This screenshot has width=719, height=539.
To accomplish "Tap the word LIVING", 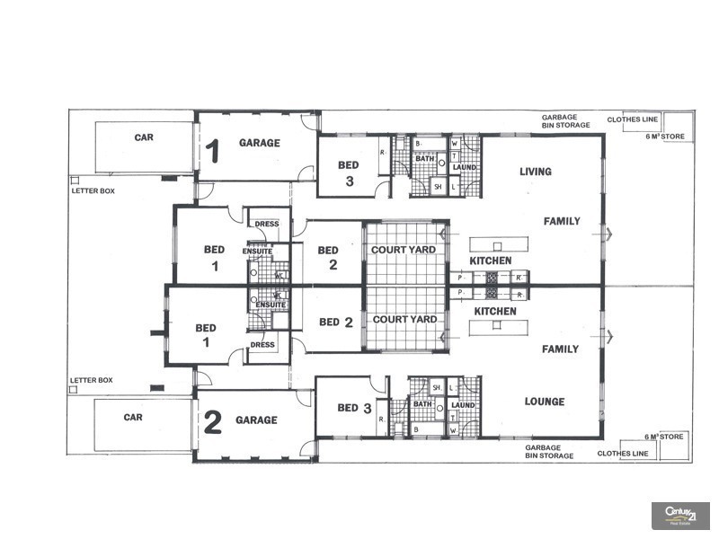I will [536, 171].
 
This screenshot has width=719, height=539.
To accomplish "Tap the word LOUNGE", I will [545, 402].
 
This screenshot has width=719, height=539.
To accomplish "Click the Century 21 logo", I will [680, 515].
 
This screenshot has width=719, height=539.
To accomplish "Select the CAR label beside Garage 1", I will [144, 137].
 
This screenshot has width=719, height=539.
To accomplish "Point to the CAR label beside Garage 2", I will [133, 417].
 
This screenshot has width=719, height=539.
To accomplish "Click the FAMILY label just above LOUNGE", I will [560, 349].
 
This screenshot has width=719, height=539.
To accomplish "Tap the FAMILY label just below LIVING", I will [562, 221].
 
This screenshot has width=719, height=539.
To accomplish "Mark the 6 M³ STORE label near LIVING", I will [665, 136].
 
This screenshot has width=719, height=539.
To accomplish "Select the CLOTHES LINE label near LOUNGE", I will [622, 454].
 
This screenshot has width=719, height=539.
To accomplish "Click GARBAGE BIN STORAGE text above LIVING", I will [565, 121].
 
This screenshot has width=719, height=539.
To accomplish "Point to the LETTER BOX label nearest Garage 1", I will [92, 191].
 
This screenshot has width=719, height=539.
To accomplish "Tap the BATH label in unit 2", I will [424, 404].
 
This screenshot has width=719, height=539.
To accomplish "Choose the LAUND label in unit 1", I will [465, 167].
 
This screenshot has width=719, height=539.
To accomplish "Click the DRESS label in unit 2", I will [262, 344].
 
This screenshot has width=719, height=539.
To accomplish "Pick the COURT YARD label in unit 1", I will [404, 250].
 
